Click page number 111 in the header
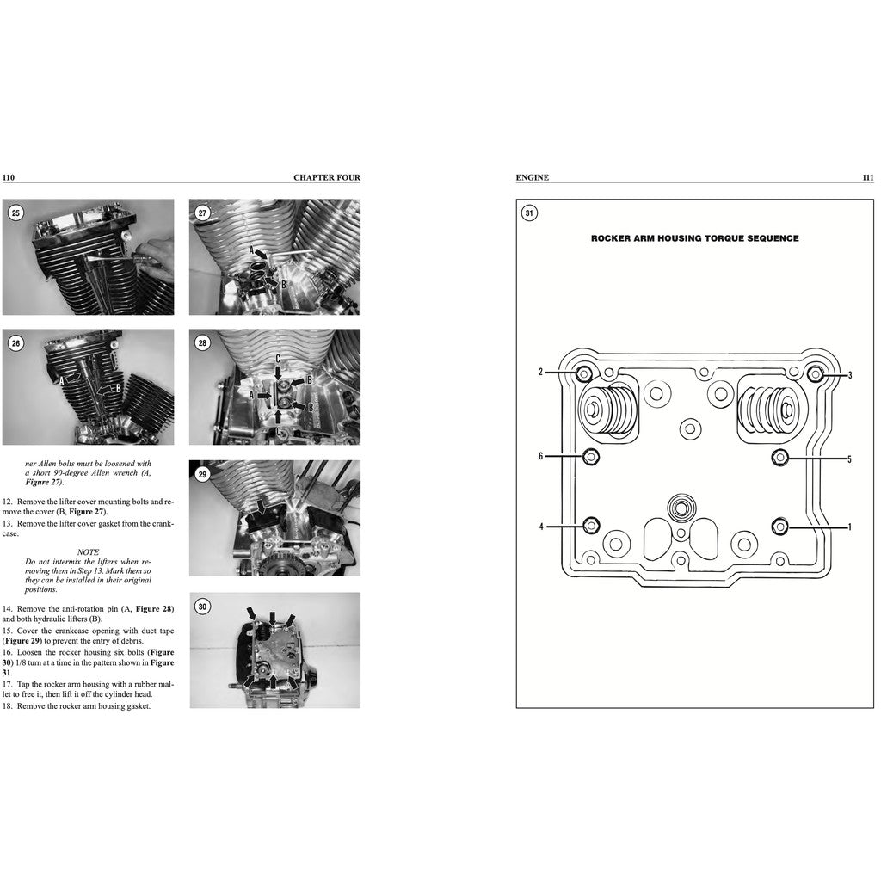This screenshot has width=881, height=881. pos(867,178)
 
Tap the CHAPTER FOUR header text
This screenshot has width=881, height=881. pos(326,178)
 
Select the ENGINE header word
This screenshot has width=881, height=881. pos(532,178)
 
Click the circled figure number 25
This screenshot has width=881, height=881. pos(15,213)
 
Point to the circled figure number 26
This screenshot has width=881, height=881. pos(15,343)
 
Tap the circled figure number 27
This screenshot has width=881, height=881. pos(202,213)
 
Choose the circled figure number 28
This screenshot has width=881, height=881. pos(202,343)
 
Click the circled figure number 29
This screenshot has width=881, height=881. pos(202,474)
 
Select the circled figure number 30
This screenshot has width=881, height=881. pos(202,606)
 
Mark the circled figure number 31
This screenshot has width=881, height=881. pos(529,213)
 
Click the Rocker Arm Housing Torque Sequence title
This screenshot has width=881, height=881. pos(694,238)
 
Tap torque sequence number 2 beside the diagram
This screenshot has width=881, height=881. pos(541,372)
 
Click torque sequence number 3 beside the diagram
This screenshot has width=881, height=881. pos(849,375)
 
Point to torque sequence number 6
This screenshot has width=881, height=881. pos(541,456)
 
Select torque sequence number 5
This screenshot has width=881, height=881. pos(849,459)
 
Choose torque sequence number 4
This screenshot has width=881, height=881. pos(541,526)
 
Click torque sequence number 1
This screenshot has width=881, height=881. pos(849,527)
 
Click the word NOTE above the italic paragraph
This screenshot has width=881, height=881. pos(88,551)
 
